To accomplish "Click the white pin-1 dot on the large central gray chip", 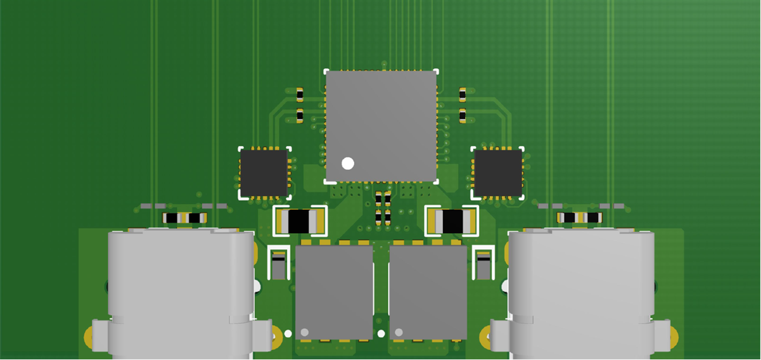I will [x=347, y=164].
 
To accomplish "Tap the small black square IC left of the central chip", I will [x=264, y=173].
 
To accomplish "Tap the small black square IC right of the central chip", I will [x=498, y=173].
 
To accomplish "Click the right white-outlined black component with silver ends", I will [x=452, y=221].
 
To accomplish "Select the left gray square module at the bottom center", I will [x=334, y=292].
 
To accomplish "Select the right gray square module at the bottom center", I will [x=428, y=292].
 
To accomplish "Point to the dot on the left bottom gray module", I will [x=304, y=332].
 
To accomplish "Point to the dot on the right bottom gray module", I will [x=399, y=332].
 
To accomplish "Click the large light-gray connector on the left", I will [x=181, y=292].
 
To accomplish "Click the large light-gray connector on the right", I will [x=582, y=292].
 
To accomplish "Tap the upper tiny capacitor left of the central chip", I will [x=300, y=95].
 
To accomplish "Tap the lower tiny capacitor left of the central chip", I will [x=300, y=116].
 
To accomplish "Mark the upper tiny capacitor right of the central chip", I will [x=462, y=95].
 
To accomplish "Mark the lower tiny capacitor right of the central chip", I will [x=462, y=116].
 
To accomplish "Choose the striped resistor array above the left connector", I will [x=184, y=218].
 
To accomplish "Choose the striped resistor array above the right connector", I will [x=579, y=218].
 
